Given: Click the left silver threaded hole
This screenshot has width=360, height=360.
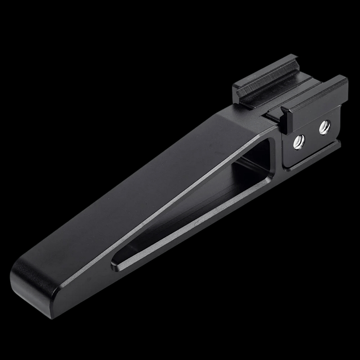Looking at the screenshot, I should click(x=297, y=143).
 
